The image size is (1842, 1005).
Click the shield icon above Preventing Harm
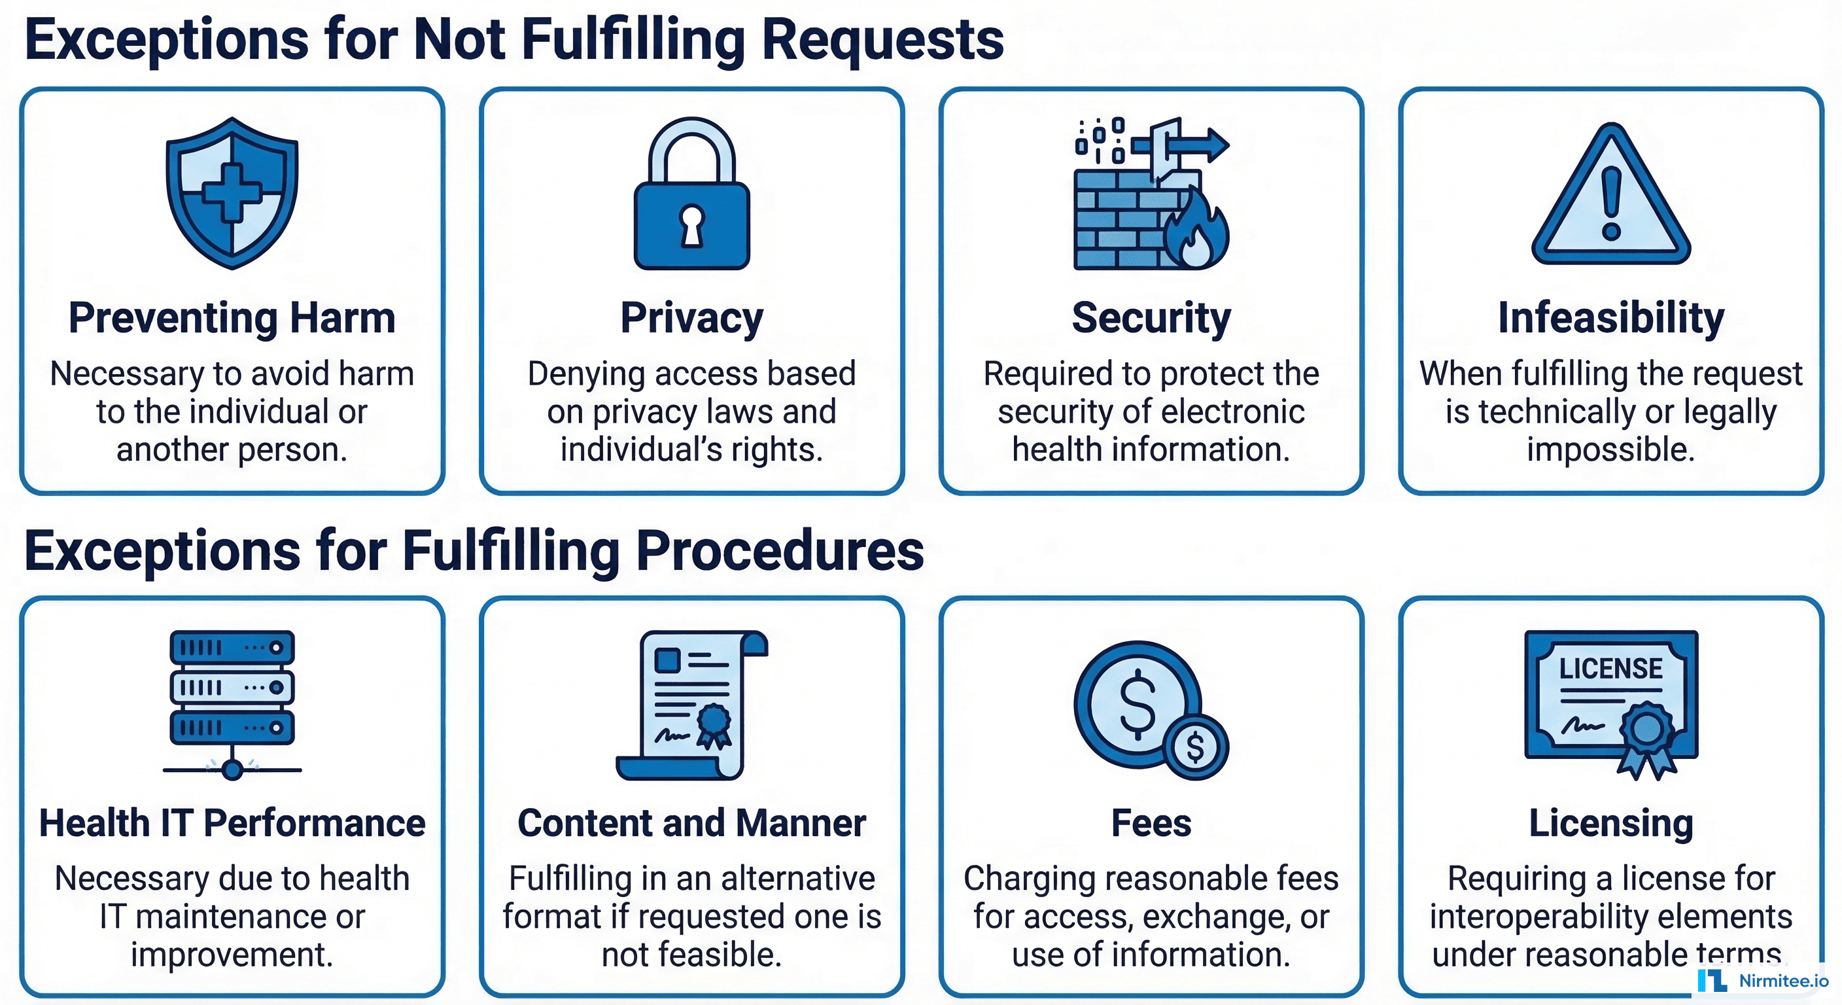[232, 193]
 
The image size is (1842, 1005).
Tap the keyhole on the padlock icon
[691, 224]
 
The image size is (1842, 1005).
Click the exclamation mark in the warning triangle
[1611, 204]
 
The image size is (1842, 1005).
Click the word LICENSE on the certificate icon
[1610, 668]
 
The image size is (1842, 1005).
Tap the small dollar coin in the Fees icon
[1195, 747]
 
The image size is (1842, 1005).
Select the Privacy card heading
[691, 317]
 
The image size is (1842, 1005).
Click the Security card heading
[1151, 317]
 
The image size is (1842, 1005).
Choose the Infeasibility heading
[1611, 317]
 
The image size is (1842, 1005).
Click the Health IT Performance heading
[232, 822]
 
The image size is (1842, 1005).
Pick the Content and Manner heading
[691, 822]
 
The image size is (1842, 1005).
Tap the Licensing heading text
[1611, 822]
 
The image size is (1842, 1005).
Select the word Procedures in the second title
[780, 551]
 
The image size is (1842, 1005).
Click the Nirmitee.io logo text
[1783, 981]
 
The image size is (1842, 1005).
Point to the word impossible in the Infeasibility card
[1611, 450]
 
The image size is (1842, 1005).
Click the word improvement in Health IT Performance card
[232, 955]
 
